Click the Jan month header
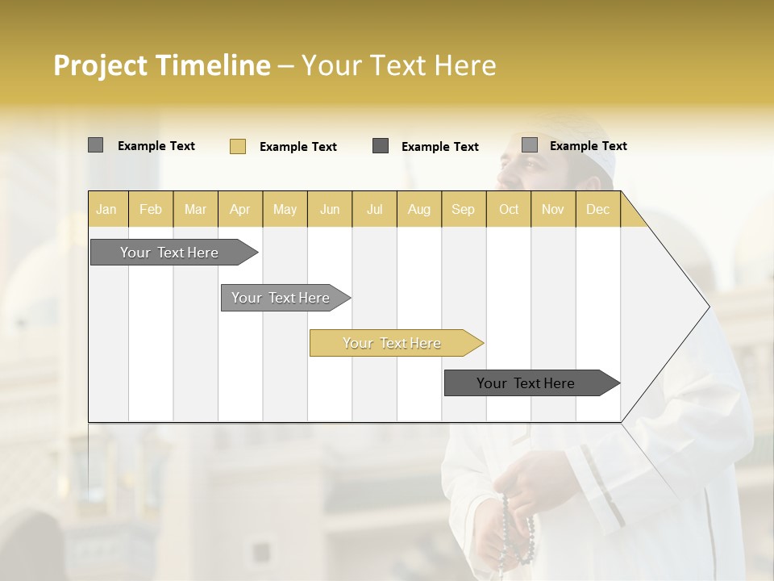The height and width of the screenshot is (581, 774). pyautogui.click(x=106, y=209)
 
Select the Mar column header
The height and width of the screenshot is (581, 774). pyautogui.click(x=195, y=209)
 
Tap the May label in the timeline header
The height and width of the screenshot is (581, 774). pyautogui.click(x=285, y=209)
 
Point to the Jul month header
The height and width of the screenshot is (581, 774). pyautogui.click(x=374, y=209)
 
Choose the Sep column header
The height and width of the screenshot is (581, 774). pyautogui.click(x=463, y=209)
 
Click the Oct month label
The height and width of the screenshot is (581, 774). pyautogui.click(x=509, y=209)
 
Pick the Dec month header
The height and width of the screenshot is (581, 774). pyautogui.click(x=597, y=209)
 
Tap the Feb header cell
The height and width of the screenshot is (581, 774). pyautogui.click(x=151, y=209)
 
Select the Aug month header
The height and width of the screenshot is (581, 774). pyautogui.click(x=418, y=209)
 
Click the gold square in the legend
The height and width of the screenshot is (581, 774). pyautogui.click(x=238, y=146)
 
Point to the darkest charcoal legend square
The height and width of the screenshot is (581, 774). pyautogui.click(x=381, y=146)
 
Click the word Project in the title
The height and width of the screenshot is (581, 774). pyautogui.click(x=99, y=65)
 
